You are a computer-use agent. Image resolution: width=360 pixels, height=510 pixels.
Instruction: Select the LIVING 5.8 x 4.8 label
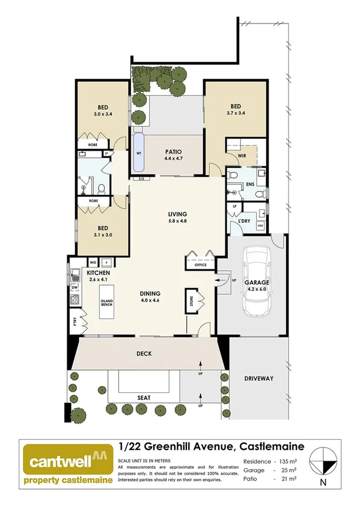click(178, 217)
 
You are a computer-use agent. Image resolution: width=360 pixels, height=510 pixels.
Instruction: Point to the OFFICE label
click(201, 265)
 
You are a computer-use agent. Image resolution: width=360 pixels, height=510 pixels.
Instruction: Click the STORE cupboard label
click(192, 299)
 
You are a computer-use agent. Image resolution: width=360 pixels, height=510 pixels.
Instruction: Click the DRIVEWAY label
click(259, 378)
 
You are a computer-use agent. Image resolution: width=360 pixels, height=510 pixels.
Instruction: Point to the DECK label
click(144, 354)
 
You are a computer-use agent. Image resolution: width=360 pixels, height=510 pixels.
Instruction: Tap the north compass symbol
click(324, 464)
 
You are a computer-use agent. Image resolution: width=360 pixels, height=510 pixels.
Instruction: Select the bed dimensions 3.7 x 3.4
click(235, 113)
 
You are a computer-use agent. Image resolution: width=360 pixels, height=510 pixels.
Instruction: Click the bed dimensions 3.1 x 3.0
click(103, 236)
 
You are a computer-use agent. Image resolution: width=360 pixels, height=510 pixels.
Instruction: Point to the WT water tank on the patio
click(139, 153)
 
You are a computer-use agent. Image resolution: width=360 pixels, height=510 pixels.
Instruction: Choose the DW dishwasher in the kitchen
click(75, 288)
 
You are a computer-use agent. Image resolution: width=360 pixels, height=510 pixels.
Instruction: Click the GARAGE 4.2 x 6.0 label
click(257, 285)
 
